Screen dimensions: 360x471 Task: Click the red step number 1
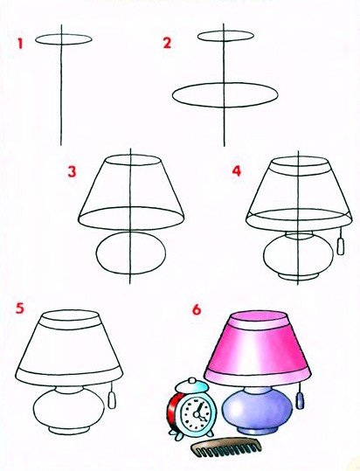pos(20,44)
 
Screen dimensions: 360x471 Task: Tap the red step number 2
pos(167,43)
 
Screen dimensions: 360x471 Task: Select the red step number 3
pos(72,172)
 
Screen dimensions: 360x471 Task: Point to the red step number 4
pos(237,171)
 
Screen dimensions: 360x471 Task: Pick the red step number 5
pos(20,308)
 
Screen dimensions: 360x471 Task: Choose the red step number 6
pos(197,309)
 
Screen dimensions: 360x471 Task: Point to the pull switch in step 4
pos(341,246)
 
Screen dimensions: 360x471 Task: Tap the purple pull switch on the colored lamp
pos(300,401)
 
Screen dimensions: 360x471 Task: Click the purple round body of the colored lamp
pos(257,409)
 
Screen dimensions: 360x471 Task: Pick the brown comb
pos(225,448)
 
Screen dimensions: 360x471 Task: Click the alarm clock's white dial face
pos(196,415)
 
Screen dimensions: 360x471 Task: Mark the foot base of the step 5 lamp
pos(69,430)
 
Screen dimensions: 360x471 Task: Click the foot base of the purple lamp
pos(257,431)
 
